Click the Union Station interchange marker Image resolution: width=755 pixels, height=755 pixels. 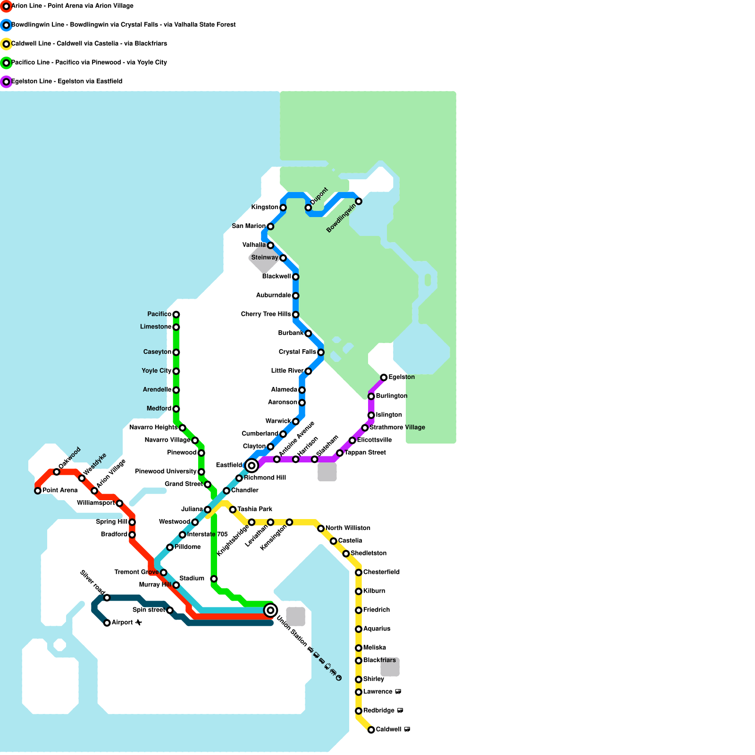270,610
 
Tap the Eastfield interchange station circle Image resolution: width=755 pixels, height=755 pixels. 252,466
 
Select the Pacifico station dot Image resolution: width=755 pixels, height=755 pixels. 176,315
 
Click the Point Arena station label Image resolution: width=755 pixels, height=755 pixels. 60,490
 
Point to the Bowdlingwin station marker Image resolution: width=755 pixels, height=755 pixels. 359,201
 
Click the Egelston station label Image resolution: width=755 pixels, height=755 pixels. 402,377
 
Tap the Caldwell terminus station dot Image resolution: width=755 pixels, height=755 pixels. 371,730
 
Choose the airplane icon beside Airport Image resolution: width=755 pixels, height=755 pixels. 138,623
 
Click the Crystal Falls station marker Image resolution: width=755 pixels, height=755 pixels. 321,352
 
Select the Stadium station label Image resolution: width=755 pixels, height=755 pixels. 192,579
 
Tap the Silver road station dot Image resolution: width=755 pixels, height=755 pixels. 107,598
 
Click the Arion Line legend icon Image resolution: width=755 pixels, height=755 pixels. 6,6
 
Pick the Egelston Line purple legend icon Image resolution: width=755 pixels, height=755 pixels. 6,82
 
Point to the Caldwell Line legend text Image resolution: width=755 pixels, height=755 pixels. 89,44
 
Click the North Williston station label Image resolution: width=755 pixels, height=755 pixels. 348,528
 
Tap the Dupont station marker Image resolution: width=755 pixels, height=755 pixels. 308,208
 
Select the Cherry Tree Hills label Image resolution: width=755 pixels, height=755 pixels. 266,314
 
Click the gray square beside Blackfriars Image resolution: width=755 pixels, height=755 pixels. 390,667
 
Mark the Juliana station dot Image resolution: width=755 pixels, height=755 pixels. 208,510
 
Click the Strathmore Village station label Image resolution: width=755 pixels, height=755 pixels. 397,428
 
